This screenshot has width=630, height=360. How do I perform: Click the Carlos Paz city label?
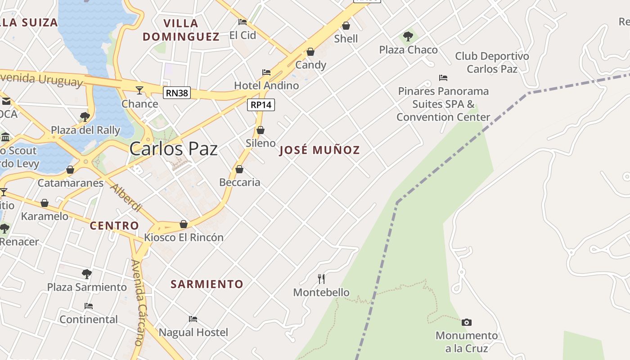coord(174,149)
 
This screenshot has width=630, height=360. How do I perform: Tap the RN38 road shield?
coord(177,93)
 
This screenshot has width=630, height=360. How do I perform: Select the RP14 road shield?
coord(261,105)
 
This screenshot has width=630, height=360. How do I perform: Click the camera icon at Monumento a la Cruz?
coord(467,322)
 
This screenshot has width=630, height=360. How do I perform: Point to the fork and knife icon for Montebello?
coord(321,279)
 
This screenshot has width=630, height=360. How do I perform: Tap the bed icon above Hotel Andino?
coord(266,72)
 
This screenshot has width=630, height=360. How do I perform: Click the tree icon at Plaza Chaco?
coord(408,36)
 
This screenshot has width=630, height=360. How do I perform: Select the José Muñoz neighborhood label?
coord(319,150)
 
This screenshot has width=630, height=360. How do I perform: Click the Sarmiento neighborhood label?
coord(207,284)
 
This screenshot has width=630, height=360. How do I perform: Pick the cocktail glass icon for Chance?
coord(139,90)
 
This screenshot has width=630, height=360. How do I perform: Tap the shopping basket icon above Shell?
coord(346,26)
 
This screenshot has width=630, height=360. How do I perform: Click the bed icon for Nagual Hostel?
coord(193,319)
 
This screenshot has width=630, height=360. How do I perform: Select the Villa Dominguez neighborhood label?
coord(181,30)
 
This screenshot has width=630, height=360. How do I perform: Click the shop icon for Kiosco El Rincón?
coord(184,224)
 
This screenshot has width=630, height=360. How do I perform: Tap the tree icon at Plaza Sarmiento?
coord(87,274)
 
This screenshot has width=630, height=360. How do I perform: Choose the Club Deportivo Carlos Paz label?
coord(492,63)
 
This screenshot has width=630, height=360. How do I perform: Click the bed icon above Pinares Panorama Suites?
coord(443,78)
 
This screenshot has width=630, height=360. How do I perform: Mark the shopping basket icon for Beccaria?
coord(239,169)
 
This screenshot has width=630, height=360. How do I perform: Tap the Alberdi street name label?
coord(126,198)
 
